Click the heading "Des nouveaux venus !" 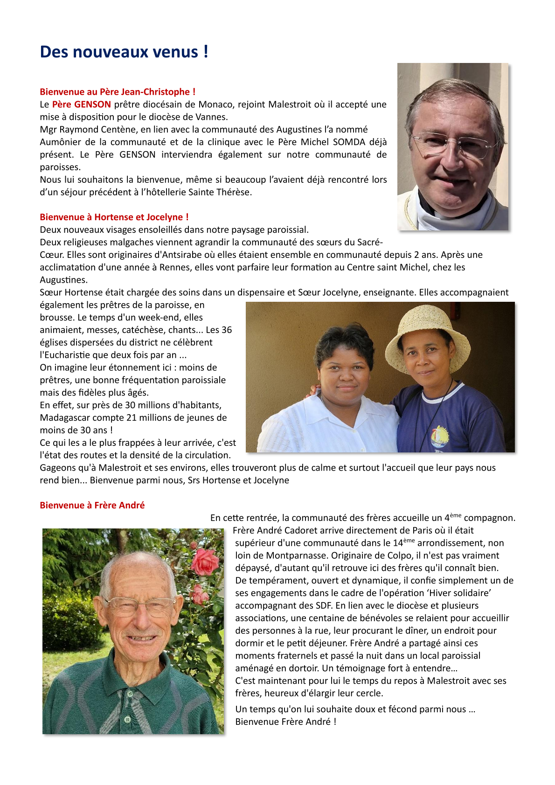(x=124, y=52)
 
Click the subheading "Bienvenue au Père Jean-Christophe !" (x=118, y=92)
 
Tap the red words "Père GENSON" (x=82, y=104)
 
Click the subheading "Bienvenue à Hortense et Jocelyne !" (x=114, y=217)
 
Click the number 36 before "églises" (x=226, y=330)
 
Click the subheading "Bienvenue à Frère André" (x=92, y=505)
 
